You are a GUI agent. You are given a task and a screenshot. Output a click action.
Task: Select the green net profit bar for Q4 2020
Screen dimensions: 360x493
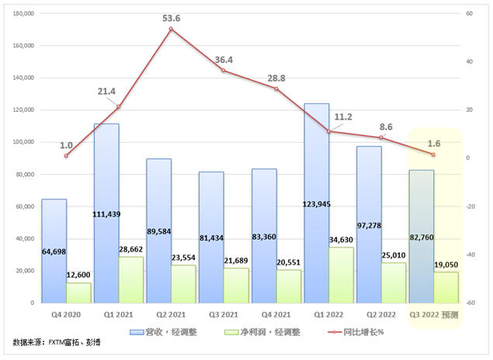79,292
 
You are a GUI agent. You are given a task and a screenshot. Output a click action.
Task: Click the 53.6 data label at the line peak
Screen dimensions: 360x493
171,18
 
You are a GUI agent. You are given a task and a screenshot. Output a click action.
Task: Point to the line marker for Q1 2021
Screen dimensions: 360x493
119,106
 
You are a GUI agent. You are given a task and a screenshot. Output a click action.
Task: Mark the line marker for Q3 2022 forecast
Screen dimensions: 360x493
433,154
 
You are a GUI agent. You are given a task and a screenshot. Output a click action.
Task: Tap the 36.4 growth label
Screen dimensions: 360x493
224,58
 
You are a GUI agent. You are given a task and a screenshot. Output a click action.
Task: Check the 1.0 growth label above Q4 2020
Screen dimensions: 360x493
66,145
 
